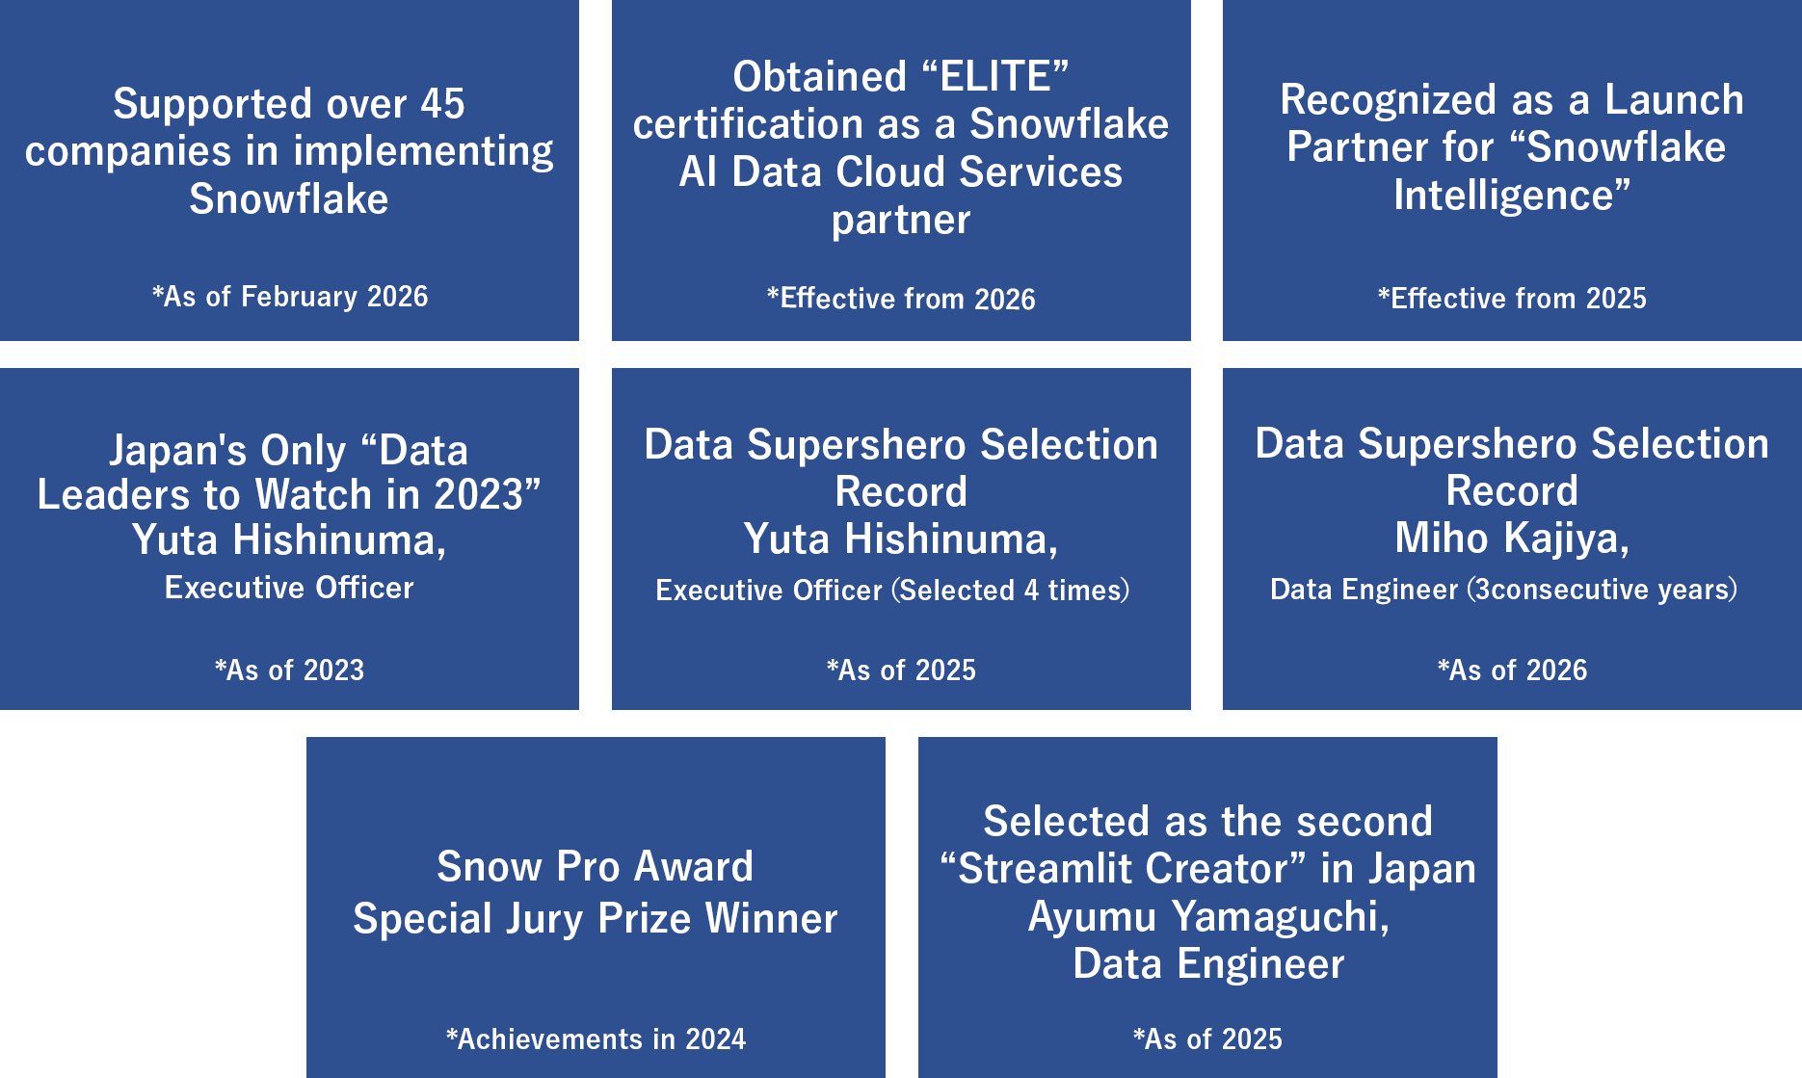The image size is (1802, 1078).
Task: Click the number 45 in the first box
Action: tap(442, 104)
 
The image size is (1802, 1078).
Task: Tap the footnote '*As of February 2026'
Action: tap(289, 296)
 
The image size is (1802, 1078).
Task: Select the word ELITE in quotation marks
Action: tap(995, 77)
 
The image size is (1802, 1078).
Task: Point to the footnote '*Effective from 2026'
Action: tap(901, 299)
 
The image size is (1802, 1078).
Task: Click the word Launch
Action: tap(1674, 100)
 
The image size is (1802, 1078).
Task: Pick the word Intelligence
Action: tap(1503, 196)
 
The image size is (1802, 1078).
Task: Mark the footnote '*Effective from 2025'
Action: tap(1512, 298)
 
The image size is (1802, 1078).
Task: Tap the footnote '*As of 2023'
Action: tap(289, 670)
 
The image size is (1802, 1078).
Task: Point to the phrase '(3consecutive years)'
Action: tap(1602, 589)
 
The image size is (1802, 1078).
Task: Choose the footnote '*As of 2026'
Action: tap(1512, 670)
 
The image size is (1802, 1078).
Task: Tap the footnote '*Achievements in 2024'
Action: tap(596, 1039)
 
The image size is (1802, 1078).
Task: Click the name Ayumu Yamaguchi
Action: tap(1208, 916)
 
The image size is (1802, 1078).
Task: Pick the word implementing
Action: tap(423, 152)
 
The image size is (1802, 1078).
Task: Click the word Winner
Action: tap(772, 918)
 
